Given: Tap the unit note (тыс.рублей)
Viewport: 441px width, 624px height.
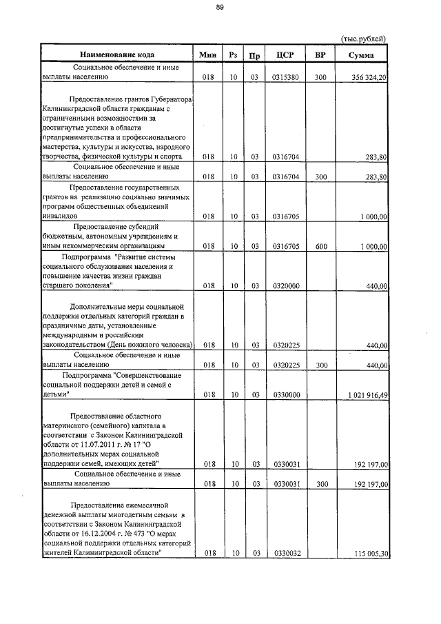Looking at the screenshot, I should [365, 39].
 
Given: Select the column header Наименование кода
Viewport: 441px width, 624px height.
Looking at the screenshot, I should [116, 54].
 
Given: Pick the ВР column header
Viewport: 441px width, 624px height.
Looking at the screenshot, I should [320, 54].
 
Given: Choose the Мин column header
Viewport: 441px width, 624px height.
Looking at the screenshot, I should [207, 54].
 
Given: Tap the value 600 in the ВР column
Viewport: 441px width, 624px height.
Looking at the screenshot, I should [320, 246].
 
